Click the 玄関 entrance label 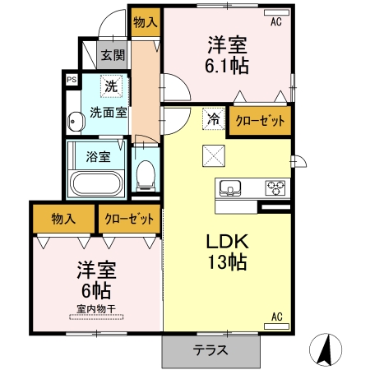click(113, 57)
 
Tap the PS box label click(71, 80)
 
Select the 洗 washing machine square click(110, 85)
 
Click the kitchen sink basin click(230, 188)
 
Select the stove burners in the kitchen click(275, 188)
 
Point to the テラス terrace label click(210, 349)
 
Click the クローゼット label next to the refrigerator click(261, 121)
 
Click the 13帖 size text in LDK click(227, 262)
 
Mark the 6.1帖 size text click(227, 62)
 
